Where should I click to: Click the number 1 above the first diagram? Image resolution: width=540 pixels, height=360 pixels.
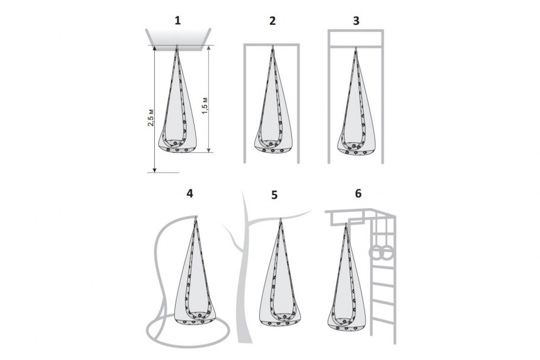[177, 21]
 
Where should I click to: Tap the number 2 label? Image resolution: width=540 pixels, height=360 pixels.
[272, 21]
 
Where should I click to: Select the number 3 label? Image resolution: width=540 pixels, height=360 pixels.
[356, 21]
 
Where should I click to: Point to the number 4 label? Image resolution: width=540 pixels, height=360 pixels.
[189, 193]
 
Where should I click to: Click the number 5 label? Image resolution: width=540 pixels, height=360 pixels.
[274, 195]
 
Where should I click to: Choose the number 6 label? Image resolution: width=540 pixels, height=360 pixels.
[358, 193]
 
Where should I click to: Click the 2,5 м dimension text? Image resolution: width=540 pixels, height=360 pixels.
[151, 117]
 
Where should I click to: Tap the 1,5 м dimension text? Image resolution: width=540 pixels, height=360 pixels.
[205, 106]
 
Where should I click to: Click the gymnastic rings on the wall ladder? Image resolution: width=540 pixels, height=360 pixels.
[377, 253]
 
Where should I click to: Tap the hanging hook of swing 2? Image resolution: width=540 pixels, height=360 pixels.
[272, 47]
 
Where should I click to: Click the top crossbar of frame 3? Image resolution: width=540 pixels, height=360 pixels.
[355, 31]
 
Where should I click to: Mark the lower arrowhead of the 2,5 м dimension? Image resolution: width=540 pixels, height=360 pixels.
[155, 170]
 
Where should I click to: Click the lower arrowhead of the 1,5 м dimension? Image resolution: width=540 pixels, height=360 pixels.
[208, 149]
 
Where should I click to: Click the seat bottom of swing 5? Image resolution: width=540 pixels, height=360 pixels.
[279, 323]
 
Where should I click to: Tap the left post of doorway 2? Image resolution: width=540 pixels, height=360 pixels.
[245, 103]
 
